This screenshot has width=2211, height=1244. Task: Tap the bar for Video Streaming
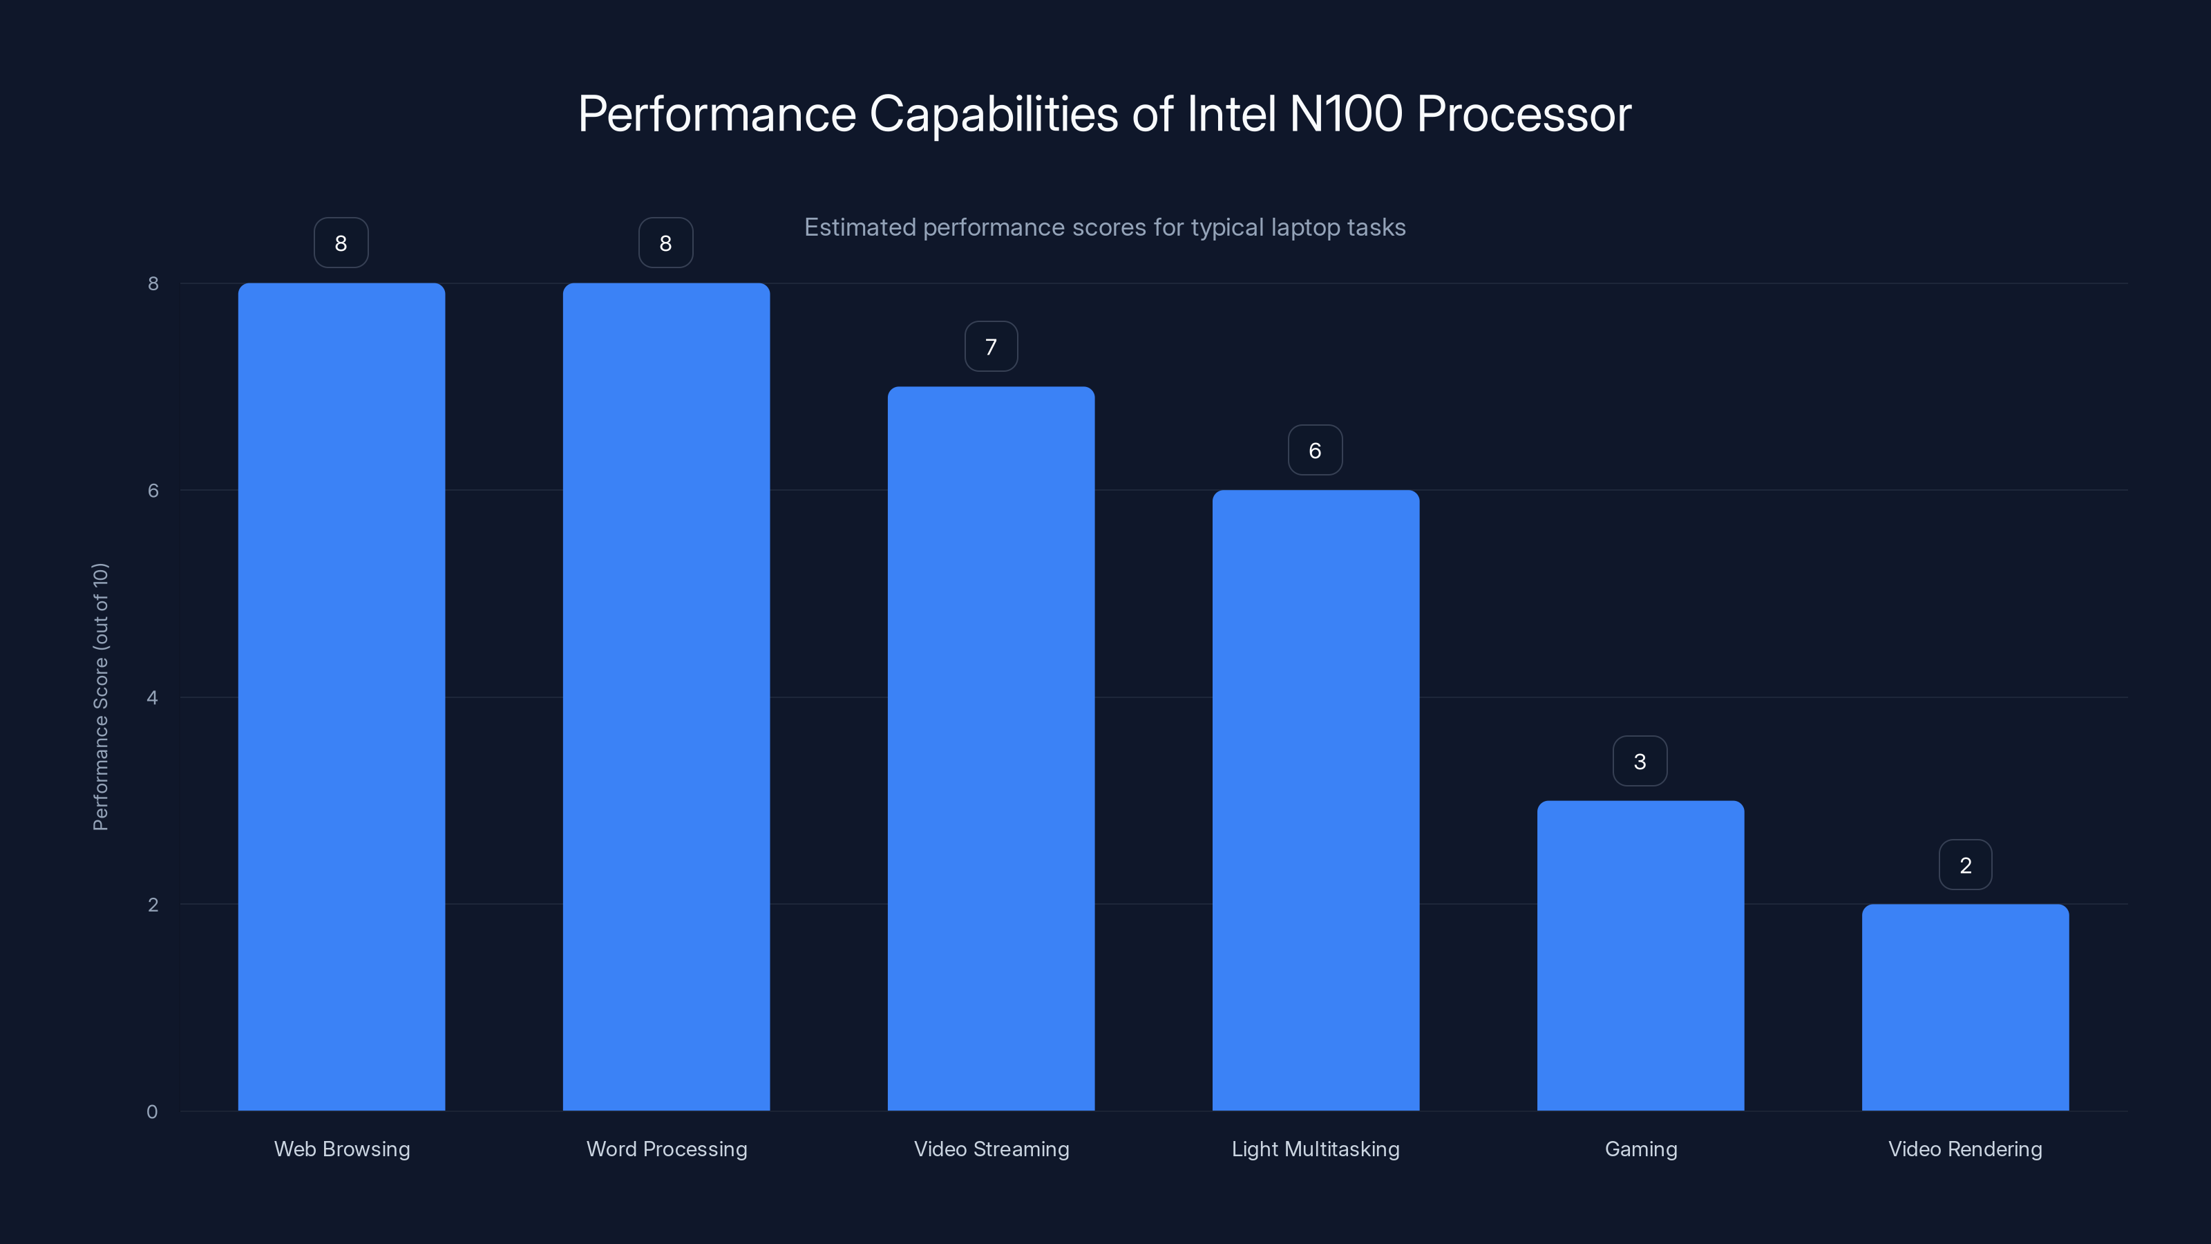point(991,748)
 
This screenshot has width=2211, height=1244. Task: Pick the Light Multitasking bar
point(1316,800)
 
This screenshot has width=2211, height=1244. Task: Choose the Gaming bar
point(1640,956)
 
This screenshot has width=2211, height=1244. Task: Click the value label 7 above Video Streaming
point(991,347)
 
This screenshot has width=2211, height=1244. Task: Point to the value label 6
point(1315,451)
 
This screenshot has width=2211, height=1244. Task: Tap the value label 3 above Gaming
point(1640,762)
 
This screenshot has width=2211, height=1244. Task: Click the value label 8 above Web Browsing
point(341,244)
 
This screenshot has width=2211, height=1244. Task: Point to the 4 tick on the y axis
point(153,697)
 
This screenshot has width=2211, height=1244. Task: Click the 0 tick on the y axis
point(153,1112)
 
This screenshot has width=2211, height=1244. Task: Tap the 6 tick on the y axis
point(153,490)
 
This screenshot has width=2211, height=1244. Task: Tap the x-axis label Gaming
point(1640,1149)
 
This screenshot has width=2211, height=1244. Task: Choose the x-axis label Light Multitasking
point(1315,1149)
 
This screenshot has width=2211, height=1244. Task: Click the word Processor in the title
point(1524,114)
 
